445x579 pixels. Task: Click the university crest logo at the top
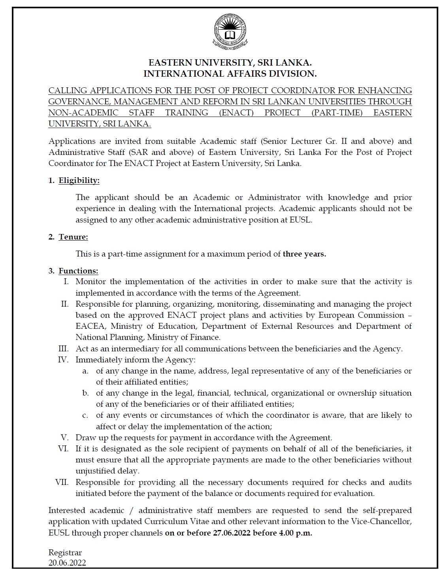(230, 31)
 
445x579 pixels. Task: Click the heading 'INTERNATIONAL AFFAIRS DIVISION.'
(230, 74)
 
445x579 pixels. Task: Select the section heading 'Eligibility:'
(79, 181)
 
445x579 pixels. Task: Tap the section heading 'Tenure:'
(74, 237)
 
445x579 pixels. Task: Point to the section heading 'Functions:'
(78, 271)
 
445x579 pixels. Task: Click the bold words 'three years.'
(304, 254)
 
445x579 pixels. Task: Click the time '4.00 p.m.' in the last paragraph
(295, 533)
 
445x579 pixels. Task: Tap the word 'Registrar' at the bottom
(65, 553)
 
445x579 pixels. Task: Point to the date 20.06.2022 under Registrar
(67, 563)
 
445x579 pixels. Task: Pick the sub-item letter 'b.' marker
(85, 393)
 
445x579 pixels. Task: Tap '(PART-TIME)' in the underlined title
(337, 113)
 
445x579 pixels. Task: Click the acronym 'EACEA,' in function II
(91, 326)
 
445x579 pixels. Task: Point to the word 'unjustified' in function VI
(95, 471)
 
